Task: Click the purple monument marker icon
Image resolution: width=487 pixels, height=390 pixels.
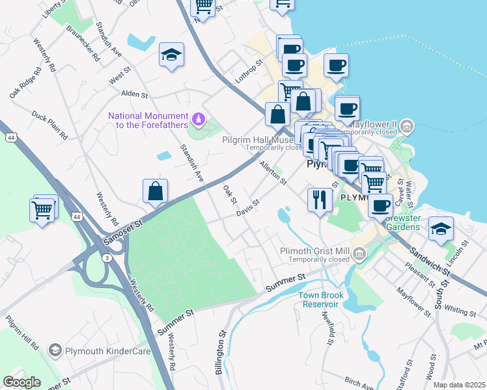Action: (x=199, y=120)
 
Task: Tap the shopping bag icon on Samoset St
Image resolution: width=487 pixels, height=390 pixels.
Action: (x=155, y=192)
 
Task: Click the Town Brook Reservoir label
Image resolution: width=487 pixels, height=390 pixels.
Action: (x=318, y=300)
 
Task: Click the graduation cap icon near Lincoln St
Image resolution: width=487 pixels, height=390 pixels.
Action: (x=441, y=229)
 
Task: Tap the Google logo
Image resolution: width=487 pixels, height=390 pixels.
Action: (x=22, y=382)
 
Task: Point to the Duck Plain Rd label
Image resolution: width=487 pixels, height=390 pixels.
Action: (x=50, y=125)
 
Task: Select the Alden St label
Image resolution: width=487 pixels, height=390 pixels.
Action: (x=135, y=94)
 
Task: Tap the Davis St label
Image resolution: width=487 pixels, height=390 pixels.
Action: (x=248, y=207)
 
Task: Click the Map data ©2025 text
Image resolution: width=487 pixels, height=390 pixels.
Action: (x=459, y=385)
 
